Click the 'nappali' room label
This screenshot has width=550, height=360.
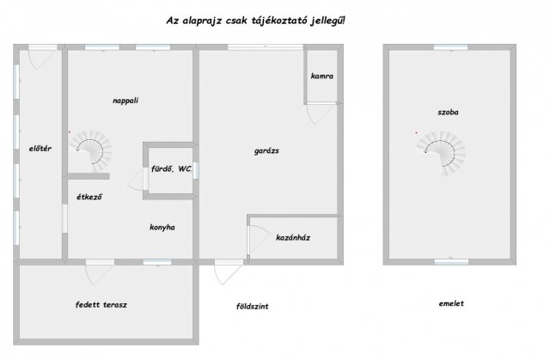point(125,101)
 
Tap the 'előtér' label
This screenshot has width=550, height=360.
point(40,149)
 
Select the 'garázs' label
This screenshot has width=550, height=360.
point(266,151)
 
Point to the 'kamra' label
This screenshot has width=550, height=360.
point(322,76)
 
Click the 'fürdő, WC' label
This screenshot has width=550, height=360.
point(171,169)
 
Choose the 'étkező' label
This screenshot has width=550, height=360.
point(89,197)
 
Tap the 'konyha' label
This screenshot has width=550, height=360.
point(162,228)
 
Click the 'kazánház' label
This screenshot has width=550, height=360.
point(293,238)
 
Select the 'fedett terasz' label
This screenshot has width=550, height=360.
point(101,305)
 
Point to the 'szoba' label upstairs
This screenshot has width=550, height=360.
point(448,113)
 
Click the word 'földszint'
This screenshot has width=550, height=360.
point(252,307)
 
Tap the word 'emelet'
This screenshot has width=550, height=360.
point(451,303)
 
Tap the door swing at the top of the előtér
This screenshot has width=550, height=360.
point(42,59)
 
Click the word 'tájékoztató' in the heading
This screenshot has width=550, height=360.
point(279,21)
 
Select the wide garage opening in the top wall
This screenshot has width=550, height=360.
point(266,47)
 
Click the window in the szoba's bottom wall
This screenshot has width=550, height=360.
point(451,262)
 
